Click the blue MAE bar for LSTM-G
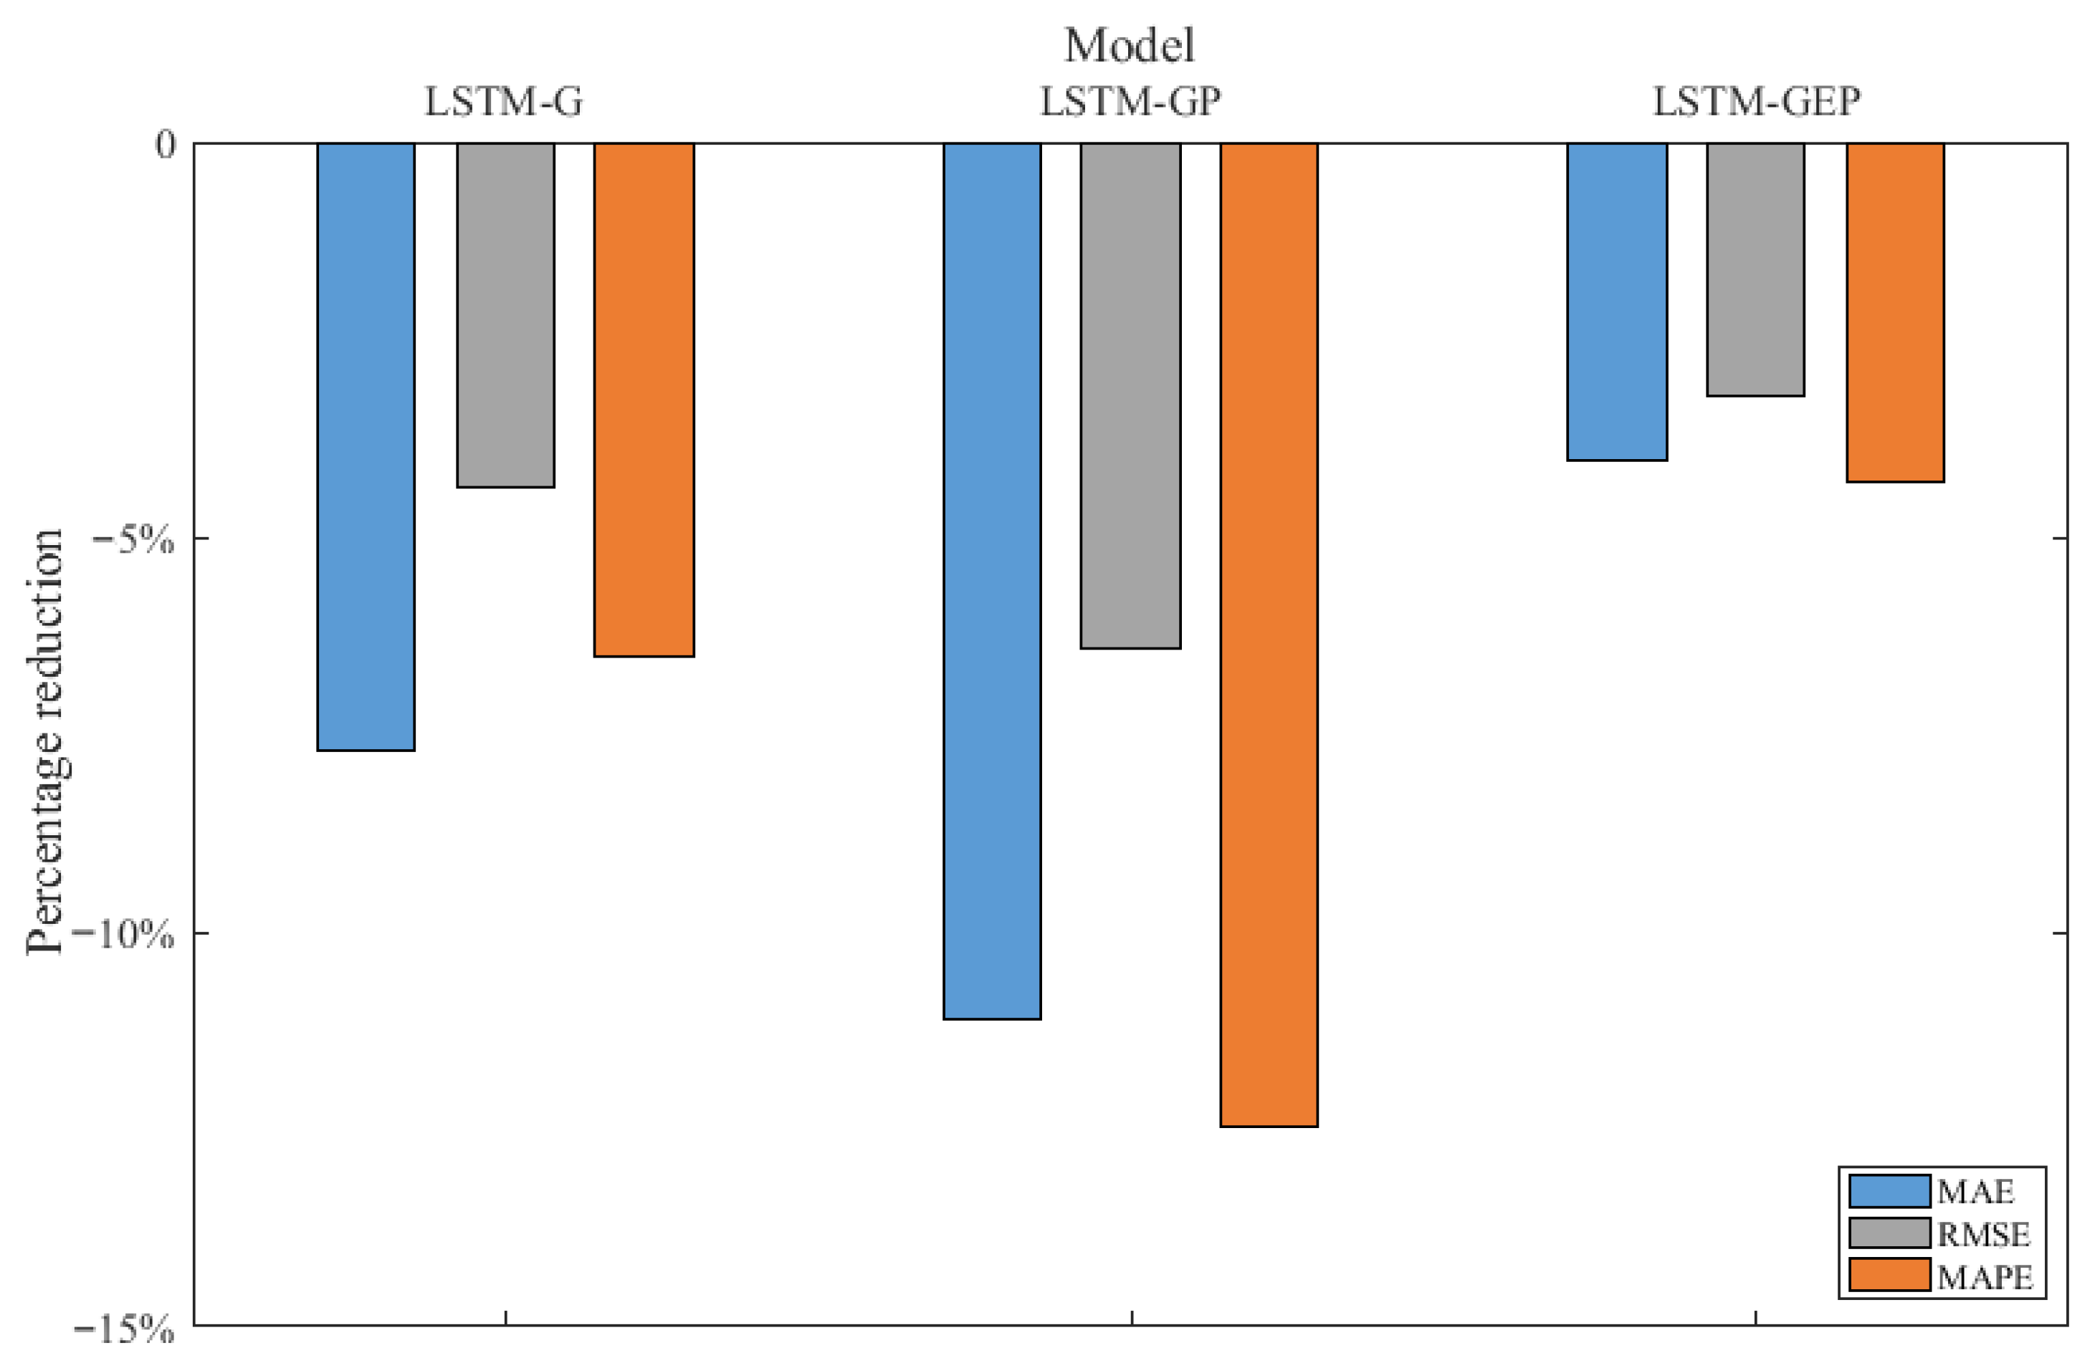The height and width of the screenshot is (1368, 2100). (366, 445)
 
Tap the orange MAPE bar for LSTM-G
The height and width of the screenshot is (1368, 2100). (644, 399)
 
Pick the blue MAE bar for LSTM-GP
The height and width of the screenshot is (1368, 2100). (992, 580)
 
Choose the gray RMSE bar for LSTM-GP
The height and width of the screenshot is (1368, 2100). (1130, 395)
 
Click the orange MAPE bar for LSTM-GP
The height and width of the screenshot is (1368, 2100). (1269, 633)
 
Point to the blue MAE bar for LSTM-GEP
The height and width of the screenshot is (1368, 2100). (1616, 301)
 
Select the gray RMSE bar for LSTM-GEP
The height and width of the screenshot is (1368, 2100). (1755, 269)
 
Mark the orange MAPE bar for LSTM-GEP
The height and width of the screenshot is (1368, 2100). (1895, 312)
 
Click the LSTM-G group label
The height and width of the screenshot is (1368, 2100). (504, 102)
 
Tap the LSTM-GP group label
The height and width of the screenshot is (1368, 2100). (1130, 102)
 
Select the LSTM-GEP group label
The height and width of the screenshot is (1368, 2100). (1756, 102)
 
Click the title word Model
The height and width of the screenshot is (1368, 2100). (1130, 46)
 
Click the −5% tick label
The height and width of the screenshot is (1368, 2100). (133, 539)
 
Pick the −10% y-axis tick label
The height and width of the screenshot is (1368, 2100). (123, 934)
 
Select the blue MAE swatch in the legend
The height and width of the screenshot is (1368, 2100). (1889, 1190)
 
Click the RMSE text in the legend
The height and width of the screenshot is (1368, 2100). (1982, 1234)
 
